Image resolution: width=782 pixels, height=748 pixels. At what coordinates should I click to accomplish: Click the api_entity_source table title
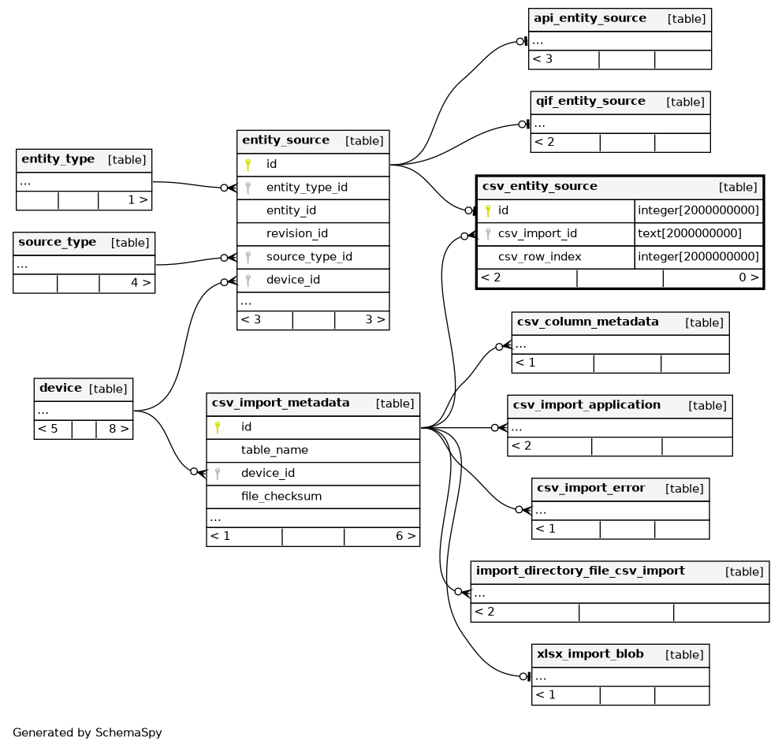pos(590,18)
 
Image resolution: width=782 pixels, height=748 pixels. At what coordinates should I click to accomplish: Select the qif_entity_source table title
pos(590,101)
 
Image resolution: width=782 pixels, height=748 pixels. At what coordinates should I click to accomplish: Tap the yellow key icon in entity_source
pos(248,165)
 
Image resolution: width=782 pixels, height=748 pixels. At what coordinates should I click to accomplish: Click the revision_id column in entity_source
pos(297,233)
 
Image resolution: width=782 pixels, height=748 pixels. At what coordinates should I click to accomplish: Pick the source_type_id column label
pos(309,257)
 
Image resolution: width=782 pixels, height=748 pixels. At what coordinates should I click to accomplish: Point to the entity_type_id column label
pos(307,188)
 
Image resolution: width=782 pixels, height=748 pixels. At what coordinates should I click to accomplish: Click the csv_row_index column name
pos(540,257)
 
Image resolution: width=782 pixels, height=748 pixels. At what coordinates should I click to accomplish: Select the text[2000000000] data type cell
pos(690,233)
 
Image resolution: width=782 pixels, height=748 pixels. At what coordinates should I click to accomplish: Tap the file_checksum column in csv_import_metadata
pos(281,497)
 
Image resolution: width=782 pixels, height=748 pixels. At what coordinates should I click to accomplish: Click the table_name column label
pos(274,450)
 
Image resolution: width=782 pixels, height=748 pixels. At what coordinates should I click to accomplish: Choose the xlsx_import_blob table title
pos(590,653)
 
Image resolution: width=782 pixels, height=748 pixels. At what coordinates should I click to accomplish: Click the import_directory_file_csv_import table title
pos(580,571)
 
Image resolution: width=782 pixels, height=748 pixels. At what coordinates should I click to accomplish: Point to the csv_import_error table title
pos(590,488)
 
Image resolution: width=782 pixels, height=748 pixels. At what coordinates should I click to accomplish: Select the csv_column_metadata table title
pos(587,322)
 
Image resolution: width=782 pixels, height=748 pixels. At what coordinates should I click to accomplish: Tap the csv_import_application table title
pos(586,405)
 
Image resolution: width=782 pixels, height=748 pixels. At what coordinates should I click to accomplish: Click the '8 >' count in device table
pos(119,429)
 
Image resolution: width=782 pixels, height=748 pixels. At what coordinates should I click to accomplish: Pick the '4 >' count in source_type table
pos(140,283)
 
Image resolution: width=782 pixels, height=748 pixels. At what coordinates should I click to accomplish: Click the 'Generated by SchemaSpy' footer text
pos(88,732)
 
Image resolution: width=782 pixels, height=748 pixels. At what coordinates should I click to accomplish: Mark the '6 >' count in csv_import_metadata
pos(405,536)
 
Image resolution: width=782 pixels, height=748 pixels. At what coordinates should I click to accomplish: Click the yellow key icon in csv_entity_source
pos(488,211)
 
